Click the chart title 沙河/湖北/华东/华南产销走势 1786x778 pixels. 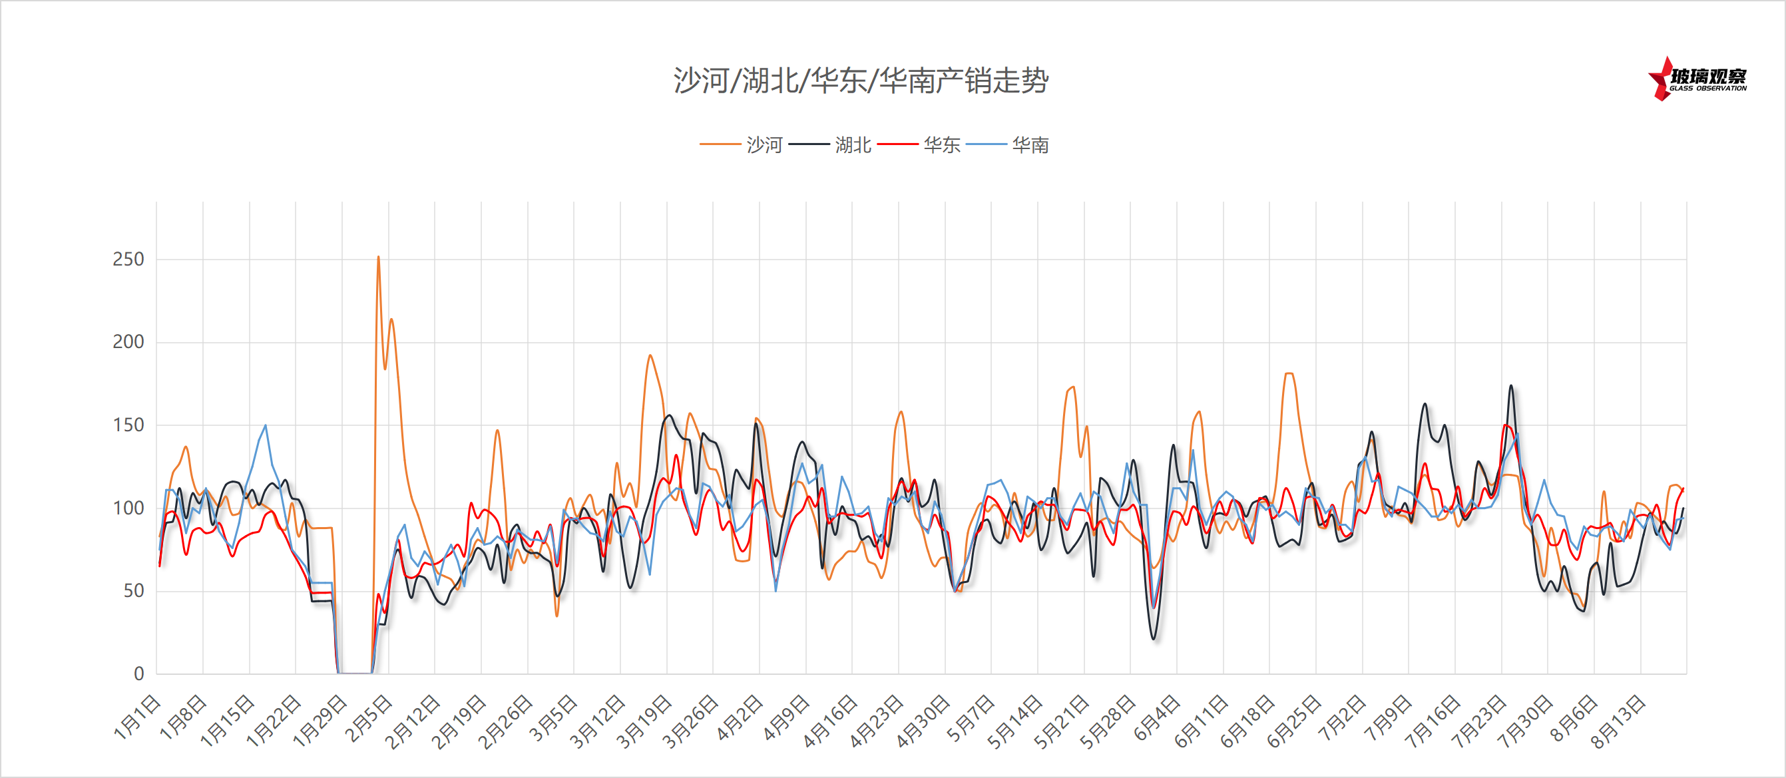[x=861, y=81]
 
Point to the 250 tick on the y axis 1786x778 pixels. [x=128, y=260]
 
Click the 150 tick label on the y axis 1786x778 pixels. [x=128, y=425]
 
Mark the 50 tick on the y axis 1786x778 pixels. [x=133, y=591]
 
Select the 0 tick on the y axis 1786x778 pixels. [x=138, y=674]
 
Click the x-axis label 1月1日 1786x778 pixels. [x=137, y=717]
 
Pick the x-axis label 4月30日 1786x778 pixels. [x=923, y=721]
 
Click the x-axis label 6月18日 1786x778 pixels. [x=1247, y=721]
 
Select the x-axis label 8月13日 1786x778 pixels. [x=1618, y=721]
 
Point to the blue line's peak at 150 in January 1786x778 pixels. [x=265, y=425]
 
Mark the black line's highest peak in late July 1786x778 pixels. [x=1511, y=385]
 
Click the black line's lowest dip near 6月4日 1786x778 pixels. [x=1154, y=639]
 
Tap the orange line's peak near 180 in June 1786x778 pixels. [x=1289, y=374]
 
